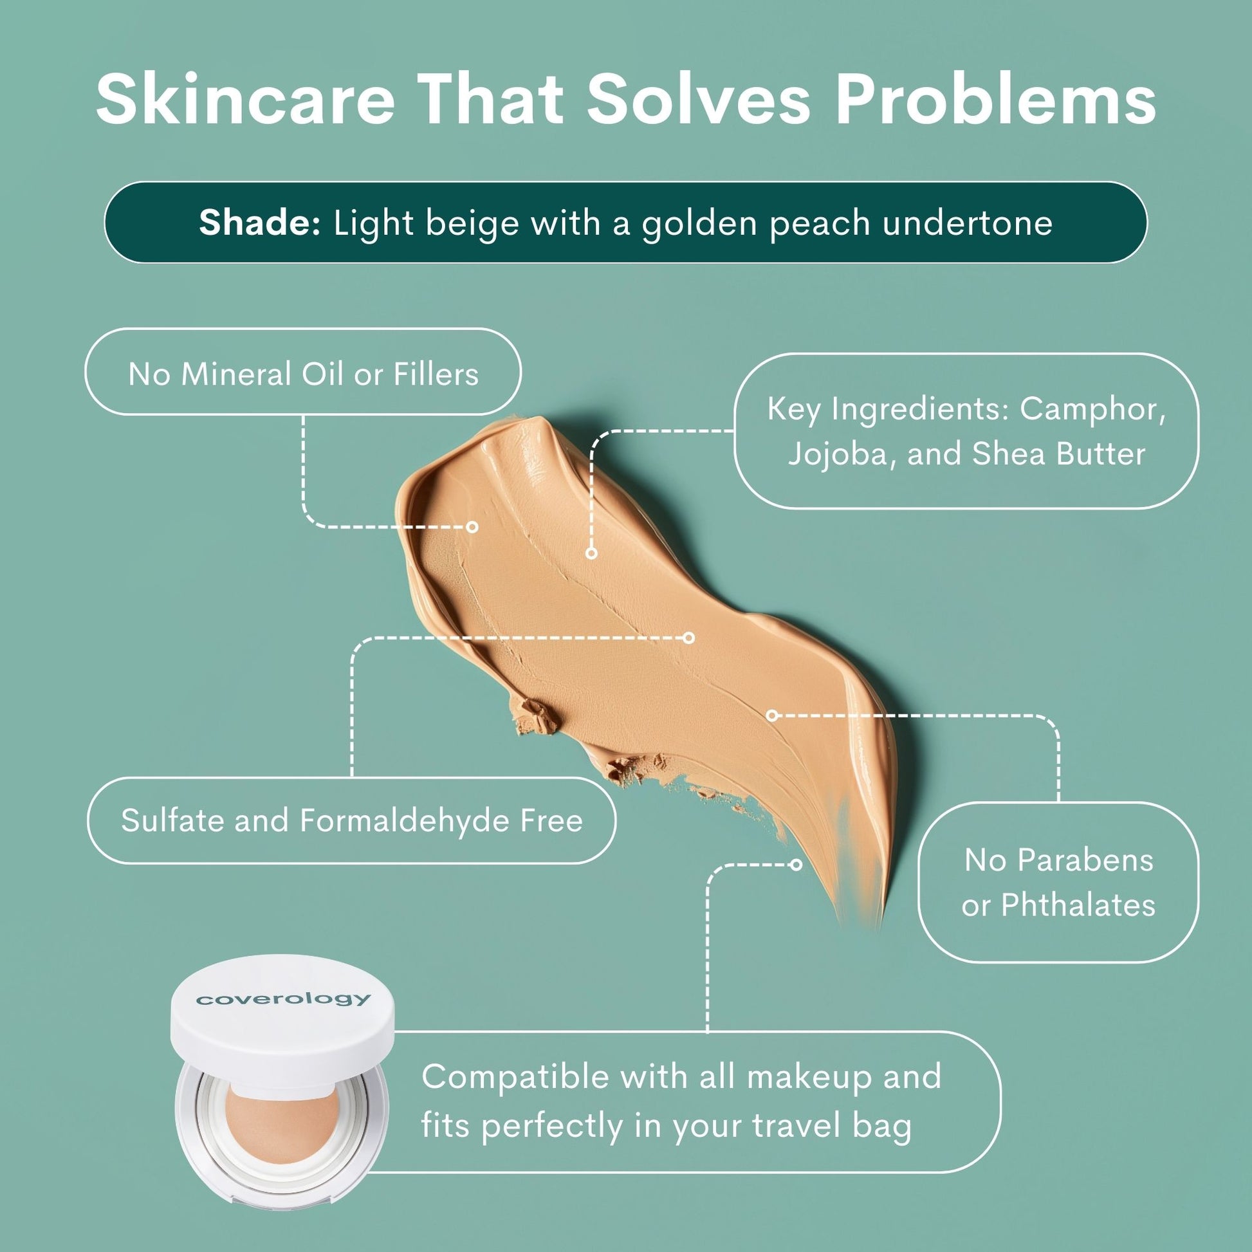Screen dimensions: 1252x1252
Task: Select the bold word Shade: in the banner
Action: pyautogui.click(x=260, y=222)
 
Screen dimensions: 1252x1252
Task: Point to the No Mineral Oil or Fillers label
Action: pyautogui.click(x=303, y=374)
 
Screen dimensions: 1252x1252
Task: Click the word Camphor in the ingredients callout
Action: pyautogui.click(x=1094, y=409)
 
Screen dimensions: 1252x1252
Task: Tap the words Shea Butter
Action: pyautogui.click(x=1058, y=454)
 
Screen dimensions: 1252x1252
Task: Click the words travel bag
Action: pyautogui.click(x=832, y=1126)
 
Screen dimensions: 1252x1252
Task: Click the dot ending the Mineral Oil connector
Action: pyautogui.click(x=472, y=527)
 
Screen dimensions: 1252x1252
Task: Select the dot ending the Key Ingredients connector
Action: pyautogui.click(x=591, y=553)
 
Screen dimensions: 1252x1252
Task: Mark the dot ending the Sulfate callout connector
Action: pyautogui.click(x=690, y=638)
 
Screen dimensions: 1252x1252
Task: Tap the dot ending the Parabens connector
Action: pyautogui.click(x=771, y=715)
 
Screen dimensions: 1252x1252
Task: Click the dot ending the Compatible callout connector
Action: pyautogui.click(x=796, y=865)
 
